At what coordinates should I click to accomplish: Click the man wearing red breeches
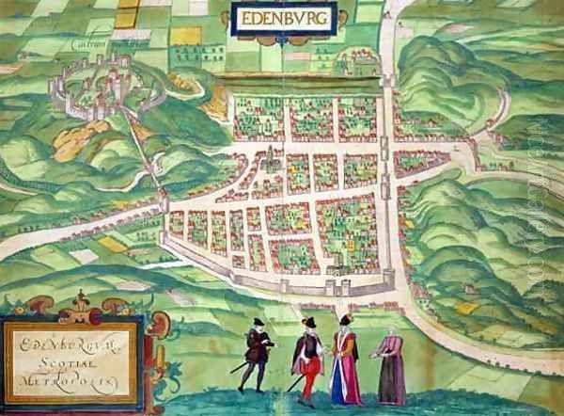(308, 357)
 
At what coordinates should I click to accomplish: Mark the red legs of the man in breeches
(307, 380)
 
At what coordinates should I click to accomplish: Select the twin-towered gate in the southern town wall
(335, 285)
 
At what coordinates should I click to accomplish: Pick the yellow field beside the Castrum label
(126, 16)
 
